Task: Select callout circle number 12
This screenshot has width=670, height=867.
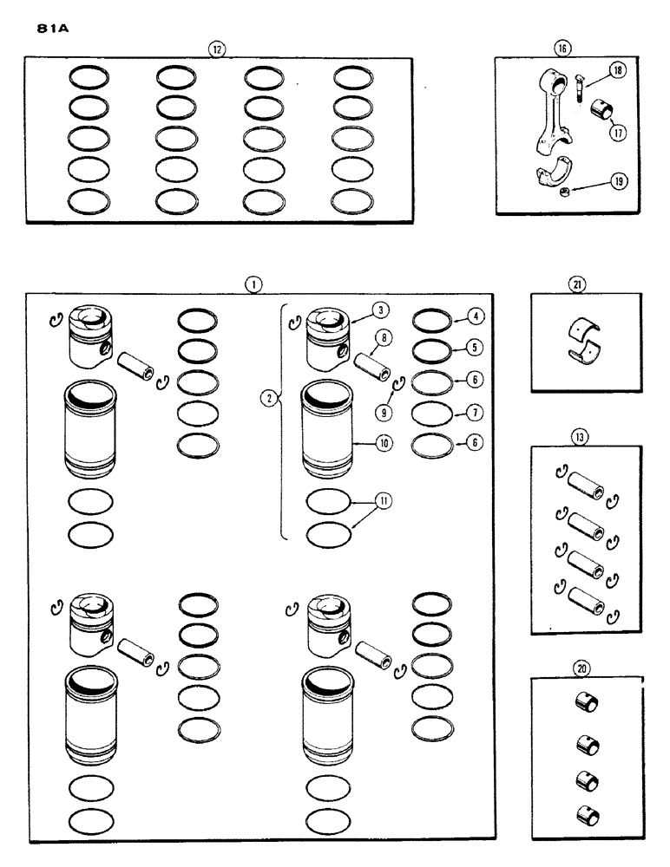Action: pyautogui.click(x=217, y=49)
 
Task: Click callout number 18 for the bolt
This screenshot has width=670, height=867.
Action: pyautogui.click(x=617, y=72)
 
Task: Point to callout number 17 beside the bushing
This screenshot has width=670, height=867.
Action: pyautogui.click(x=618, y=134)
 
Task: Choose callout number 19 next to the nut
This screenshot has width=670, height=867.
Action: pyautogui.click(x=617, y=181)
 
